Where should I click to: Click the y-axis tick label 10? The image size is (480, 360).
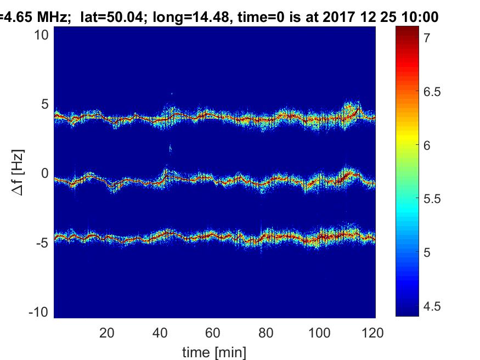pyautogui.click(x=41, y=35)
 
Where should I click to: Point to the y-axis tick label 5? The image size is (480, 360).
pyautogui.click(x=45, y=104)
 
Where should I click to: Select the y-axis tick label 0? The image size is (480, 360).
pyautogui.click(x=45, y=173)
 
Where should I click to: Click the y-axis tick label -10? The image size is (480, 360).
pyautogui.click(x=38, y=312)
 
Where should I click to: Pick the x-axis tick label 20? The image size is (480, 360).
pyautogui.click(x=107, y=333)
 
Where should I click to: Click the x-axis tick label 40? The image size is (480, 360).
pyautogui.click(x=160, y=333)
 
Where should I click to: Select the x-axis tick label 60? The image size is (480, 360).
pyautogui.click(x=213, y=333)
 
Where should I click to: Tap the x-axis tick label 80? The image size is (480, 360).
pyautogui.click(x=266, y=333)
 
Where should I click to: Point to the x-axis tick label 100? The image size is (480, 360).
pyautogui.click(x=319, y=333)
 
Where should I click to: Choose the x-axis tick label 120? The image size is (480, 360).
pyautogui.click(x=372, y=333)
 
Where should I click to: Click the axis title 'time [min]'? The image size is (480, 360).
pyautogui.click(x=214, y=352)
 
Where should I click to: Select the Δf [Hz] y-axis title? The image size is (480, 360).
pyautogui.click(x=18, y=173)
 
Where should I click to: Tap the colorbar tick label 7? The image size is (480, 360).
pyautogui.click(x=427, y=38)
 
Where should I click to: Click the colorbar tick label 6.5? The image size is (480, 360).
pyautogui.click(x=432, y=92)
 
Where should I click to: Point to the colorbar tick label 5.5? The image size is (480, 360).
pyautogui.click(x=432, y=199)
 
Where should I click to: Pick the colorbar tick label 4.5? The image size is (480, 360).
pyautogui.click(x=432, y=306)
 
